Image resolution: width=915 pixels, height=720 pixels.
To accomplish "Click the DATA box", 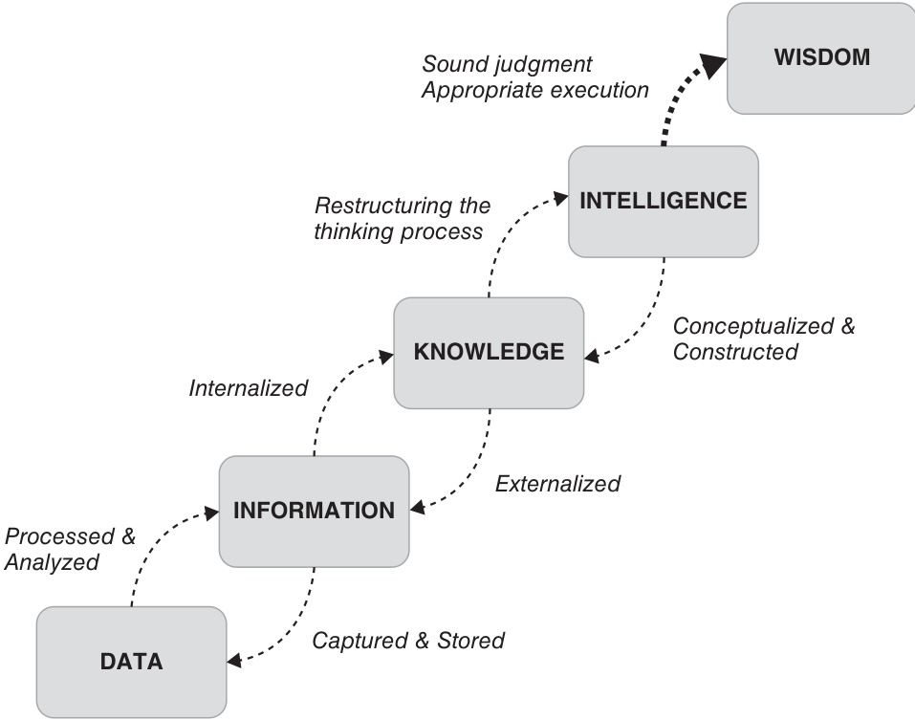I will [132, 661].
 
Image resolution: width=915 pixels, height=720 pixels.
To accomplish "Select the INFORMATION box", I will [314, 511].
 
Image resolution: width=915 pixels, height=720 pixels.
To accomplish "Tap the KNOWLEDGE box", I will [489, 352].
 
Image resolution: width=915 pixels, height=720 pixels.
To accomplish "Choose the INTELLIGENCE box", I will [663, 201].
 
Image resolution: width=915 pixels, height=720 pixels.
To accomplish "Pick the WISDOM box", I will [820, 57].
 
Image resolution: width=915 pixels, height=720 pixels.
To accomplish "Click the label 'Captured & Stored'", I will [408, 640].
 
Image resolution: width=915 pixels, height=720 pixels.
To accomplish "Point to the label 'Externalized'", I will [557, 484].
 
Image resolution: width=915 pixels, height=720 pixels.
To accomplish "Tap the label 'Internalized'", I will [249, 388].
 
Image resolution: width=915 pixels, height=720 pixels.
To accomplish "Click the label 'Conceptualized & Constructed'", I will [763, 338].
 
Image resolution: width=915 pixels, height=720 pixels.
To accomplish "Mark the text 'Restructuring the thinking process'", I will [402, 219].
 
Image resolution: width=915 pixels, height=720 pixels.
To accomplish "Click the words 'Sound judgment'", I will [507, 65].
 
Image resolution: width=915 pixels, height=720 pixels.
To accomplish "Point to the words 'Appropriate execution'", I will [535, 91].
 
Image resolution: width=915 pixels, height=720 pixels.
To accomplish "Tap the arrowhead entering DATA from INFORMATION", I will [233, 659].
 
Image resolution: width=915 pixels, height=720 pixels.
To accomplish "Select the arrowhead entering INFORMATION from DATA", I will [212, 513].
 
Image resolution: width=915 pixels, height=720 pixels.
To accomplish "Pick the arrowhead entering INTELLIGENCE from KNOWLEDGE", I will [562, 200].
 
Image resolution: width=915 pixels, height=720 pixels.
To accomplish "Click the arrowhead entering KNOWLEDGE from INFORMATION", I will [387, 356].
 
